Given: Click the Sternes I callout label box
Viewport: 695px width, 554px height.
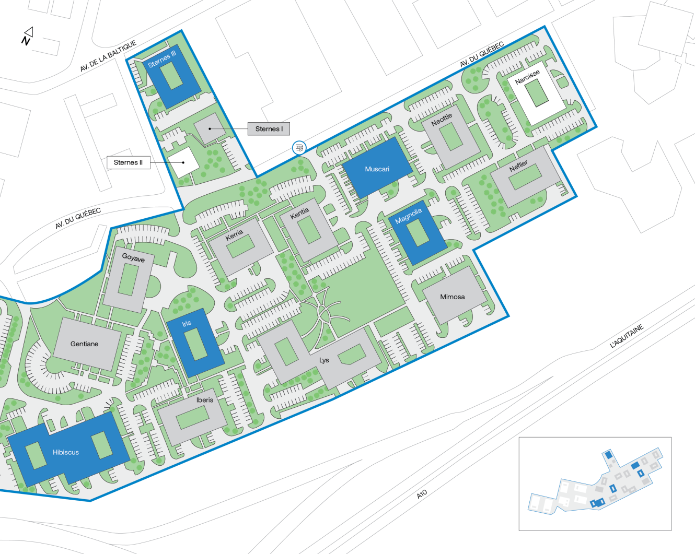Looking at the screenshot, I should pos(269,129).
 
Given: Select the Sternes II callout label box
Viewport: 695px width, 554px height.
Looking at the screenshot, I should pos(128,162).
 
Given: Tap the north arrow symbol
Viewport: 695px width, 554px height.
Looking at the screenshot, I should pos(27,36).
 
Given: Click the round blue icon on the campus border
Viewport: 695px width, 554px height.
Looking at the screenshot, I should pos(299,148).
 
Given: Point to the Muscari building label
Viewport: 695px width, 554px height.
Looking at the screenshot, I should pos(377,169).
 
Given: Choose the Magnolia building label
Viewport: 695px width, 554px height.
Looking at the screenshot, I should pos(408,216).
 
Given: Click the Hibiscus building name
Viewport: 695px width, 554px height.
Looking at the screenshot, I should pos(66,452).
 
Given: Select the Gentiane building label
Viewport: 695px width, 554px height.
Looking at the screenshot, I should pos(84,344).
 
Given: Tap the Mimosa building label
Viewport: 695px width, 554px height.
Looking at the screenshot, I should pos(452,297).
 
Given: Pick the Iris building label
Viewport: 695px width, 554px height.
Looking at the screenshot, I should pos(187,324).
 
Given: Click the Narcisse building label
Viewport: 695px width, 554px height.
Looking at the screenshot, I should pos(527,77).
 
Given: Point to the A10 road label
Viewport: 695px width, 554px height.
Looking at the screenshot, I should pos(422,493).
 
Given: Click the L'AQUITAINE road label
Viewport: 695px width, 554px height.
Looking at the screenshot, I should pos(627,336).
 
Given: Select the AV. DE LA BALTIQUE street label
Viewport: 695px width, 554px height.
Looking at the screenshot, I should pos(108,56).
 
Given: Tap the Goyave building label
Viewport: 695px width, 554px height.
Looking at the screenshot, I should pos(133,258).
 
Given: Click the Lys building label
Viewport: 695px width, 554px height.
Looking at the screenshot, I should pos(324,360).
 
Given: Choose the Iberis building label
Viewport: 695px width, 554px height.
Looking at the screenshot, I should pos(205,400).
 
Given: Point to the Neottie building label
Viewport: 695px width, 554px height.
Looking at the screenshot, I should pos(442,120).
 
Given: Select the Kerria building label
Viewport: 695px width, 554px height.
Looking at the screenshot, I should pos(234,235).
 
